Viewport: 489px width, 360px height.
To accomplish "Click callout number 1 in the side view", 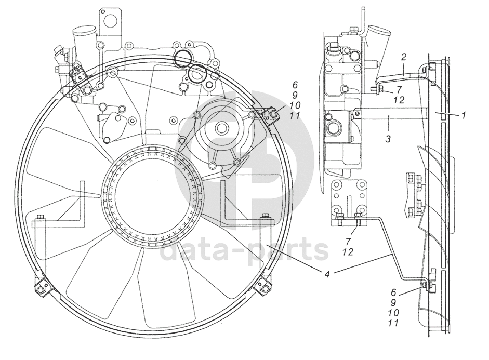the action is [x=463, y=116].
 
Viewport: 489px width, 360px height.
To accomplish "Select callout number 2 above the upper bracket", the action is [x=404, y=57].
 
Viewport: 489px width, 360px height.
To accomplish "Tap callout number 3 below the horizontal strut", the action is [x=388, y=138].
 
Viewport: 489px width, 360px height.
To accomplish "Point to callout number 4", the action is [x=327, y=274].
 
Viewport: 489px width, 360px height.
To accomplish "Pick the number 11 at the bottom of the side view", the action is [x=394, y=323].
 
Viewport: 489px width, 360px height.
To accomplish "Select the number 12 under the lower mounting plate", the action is [x=348, y=251].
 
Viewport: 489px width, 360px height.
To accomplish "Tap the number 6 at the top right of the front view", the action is [x=295, y=85].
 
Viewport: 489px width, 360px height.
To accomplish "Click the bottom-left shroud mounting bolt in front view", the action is [x=41, y=289].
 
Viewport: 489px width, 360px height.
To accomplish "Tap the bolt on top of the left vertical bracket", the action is [x=41, y=217].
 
